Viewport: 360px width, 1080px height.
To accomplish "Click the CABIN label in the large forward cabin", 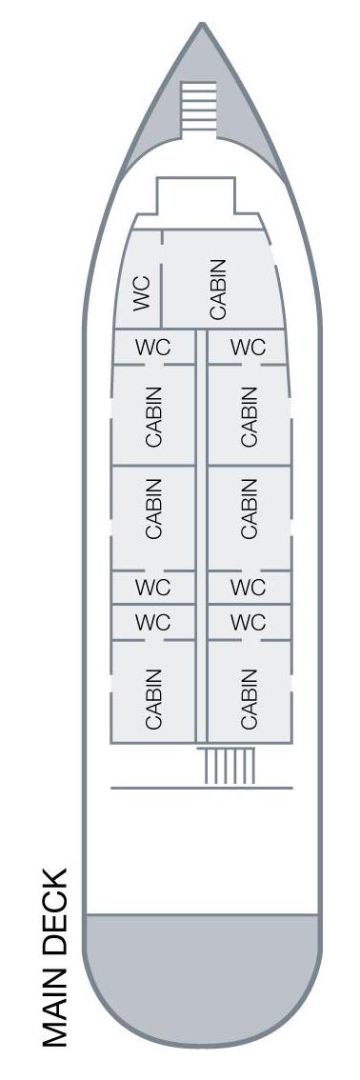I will [x=218, y=289].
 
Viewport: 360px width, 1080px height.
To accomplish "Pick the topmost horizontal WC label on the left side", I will [x=152, y=348].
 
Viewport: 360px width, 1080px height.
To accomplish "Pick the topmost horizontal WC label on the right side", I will [x=248, y=348].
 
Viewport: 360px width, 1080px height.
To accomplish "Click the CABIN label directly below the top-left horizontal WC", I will [x=153, y=416].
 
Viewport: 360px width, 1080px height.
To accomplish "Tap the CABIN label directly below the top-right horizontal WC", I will [x=249, y=416].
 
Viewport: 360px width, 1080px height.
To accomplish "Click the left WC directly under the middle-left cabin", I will [x=152, y=588].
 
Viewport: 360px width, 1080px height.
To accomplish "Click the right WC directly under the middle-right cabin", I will [x=248, y=588].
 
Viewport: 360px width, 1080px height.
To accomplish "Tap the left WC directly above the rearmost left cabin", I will [x=152, y=623].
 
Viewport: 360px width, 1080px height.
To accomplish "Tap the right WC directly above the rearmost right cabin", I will [x=248, y=623].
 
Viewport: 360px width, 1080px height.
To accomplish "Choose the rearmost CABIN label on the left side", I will [x=153, y=698].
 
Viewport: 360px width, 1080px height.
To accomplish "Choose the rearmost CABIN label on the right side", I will [x=249, y=698].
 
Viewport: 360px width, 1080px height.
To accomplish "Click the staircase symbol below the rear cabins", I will [x=229, y=767].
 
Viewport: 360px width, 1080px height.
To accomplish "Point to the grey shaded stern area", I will [x=202, y=962].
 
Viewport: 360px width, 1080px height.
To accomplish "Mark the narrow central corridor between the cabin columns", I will [x=201, y=533].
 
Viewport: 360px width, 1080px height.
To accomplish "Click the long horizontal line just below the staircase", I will [x=201, y=788].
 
